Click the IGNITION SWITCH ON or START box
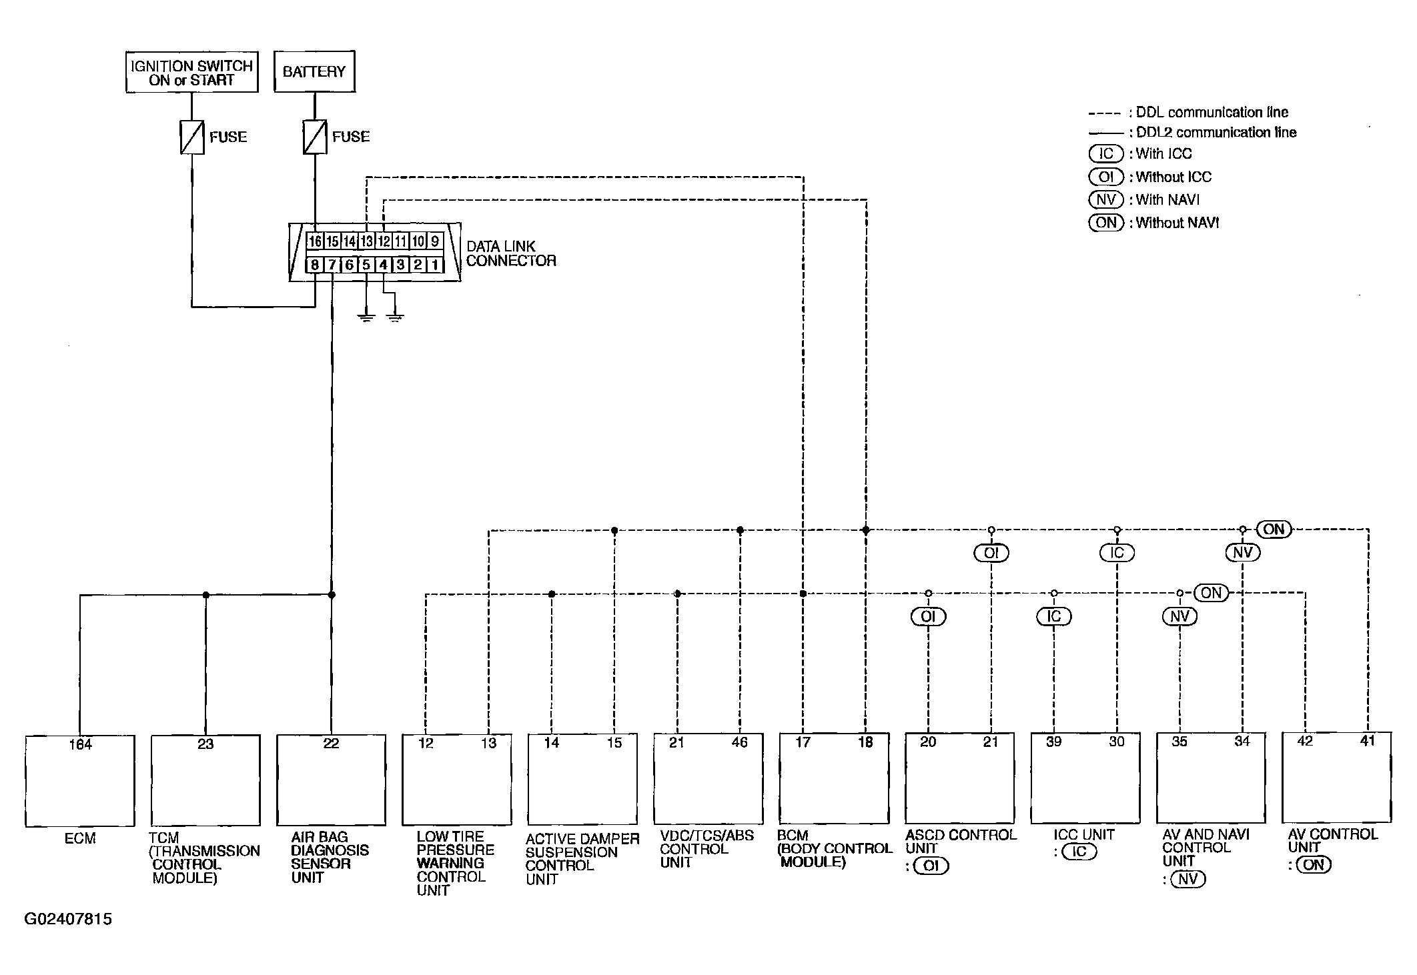pyautogui.click(x=192, y=72)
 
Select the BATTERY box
pyautogui.click(x=314, y=71)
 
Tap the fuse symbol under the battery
pyautogui.click(x=315, y=137)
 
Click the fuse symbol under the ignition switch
pyautogui.click(x=192, y=137)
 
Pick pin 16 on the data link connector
pyautogui.click(x=315, y=241)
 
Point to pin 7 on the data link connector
pyautogui.click(x=332, y=265)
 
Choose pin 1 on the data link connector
pyautogui.click(x=435, y=265)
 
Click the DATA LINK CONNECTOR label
pyautogui.click(x=511, y=253)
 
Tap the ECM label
pyautogui.click(x=80, y=838)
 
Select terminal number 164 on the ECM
pyautogui.click(x=81, y=744)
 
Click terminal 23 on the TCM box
pyautogui.click(x=205, y=744)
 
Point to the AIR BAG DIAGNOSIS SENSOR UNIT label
pyautogui.click(x=330, y=857)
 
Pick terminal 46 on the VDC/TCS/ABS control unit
pyautogui.click(x=740, y=742)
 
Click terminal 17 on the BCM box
pyautogui.click(x=803, y=742)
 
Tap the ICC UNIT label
pyautogui.click(x=1084, y=834)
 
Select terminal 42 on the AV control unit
pyautogui.click(x=1305, y=741)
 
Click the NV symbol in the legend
pyautogui.click(x=1106, y=199)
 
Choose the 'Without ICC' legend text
pyautogui.click(x=1173, y=177)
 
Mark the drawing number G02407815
pyautogui.click(x=68, y=919)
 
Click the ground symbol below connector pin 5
pyautogui.click(x=366, y=316)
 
